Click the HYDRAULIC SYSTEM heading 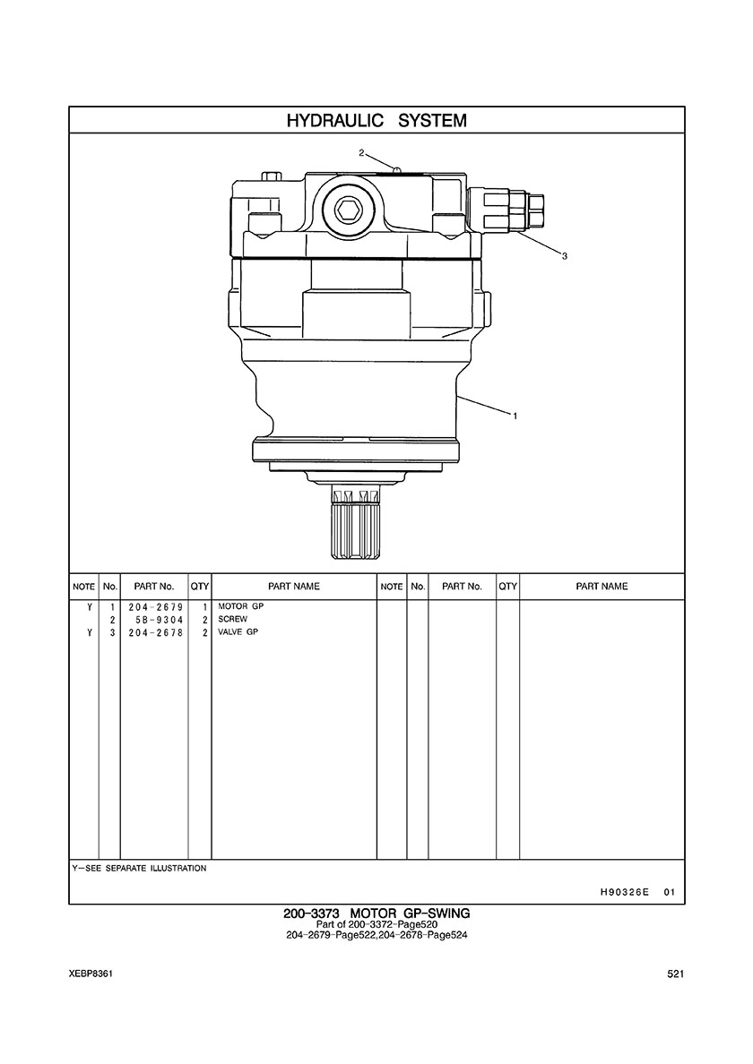tap(376, 121)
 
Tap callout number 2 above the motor tap(362, 152)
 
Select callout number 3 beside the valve tap(564, 256)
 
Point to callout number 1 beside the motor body tap(515, 416)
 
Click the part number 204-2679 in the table tap(155, 606)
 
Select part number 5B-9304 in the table tap(160, 620)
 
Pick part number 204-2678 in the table tap(155, 632)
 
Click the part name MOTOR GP tap(240, 606)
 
